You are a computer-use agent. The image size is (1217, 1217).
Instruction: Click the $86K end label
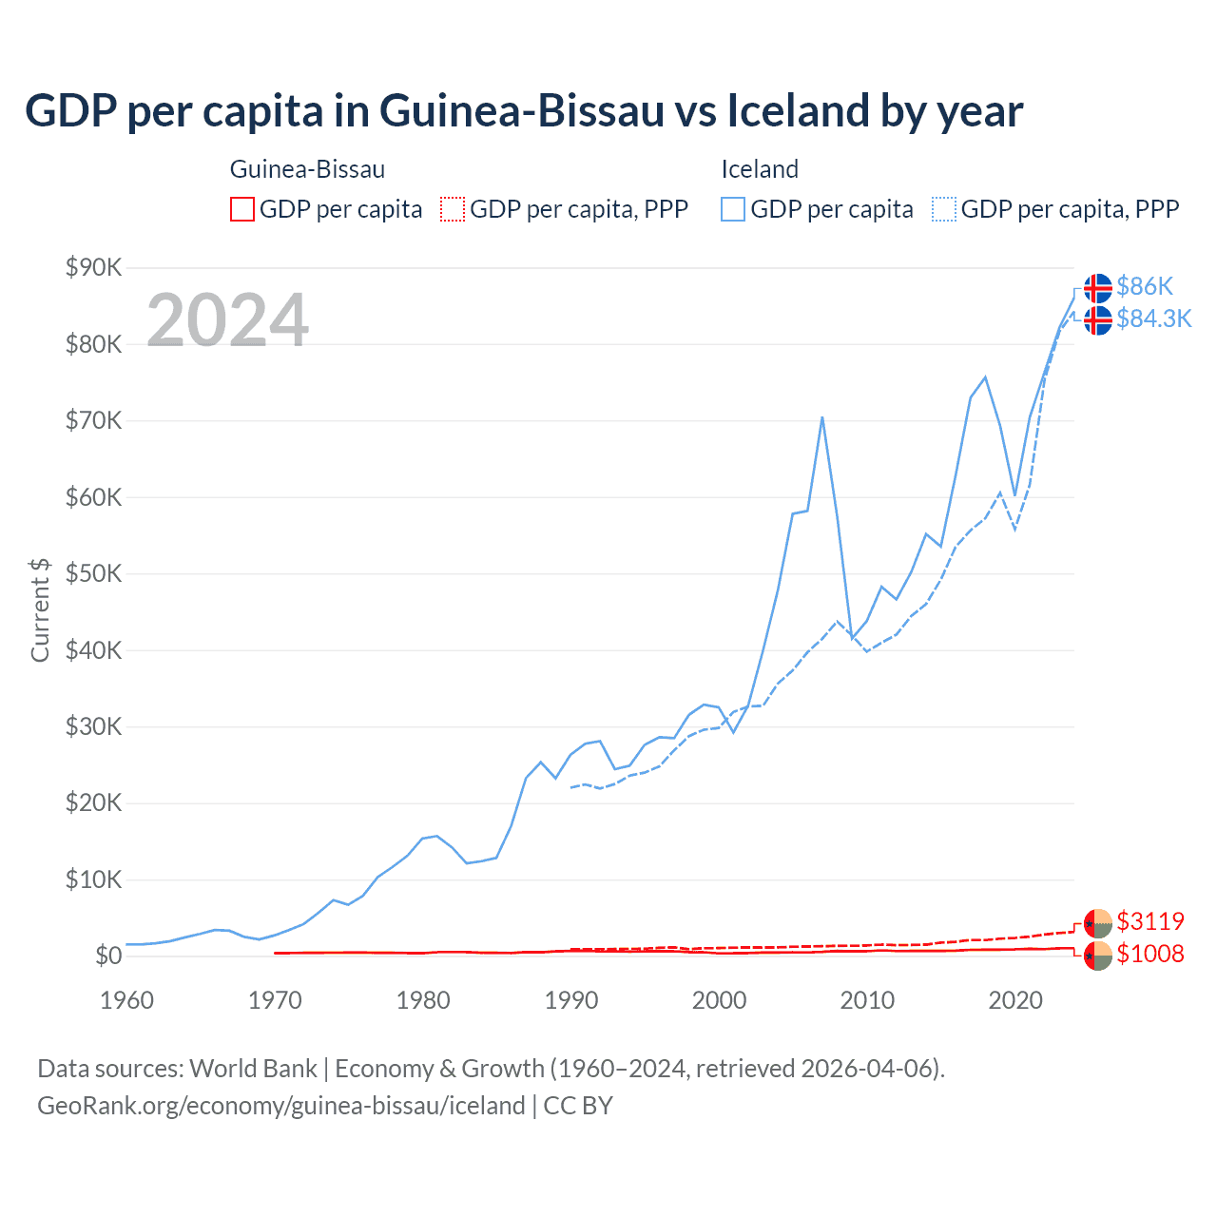[1145, 286]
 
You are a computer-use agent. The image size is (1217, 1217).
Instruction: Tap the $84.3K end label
[1153, 319]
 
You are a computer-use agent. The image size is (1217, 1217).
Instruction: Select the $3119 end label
[1150, 921]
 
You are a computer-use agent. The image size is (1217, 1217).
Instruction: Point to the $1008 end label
[1150, 954]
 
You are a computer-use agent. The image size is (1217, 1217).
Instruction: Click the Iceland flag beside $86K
[1098, 287]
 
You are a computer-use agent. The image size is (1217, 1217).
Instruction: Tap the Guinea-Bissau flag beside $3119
[1098, 922]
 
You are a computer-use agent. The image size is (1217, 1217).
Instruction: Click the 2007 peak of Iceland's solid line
[821, 417]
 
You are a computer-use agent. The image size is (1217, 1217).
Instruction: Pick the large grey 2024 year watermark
[227, 320]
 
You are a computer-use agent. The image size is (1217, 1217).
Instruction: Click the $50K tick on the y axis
[93, 573]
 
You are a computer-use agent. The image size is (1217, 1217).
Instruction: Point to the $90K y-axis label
[93, 267]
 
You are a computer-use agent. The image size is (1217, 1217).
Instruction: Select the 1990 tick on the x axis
[571, 1000]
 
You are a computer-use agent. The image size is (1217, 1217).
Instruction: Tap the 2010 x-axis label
[867, 1000]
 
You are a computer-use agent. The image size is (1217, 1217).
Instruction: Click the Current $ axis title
[40, 609]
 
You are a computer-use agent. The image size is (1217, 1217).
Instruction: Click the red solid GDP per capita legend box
[242, 209]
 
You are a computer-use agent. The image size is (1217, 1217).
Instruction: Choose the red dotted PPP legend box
[453, 209]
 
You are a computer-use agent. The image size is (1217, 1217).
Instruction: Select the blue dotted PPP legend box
[944, 209]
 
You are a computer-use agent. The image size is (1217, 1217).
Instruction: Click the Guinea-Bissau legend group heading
[307, 169]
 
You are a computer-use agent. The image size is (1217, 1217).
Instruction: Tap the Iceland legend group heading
[760, 169]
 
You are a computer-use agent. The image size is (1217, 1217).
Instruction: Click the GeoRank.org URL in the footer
[281, 1106]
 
